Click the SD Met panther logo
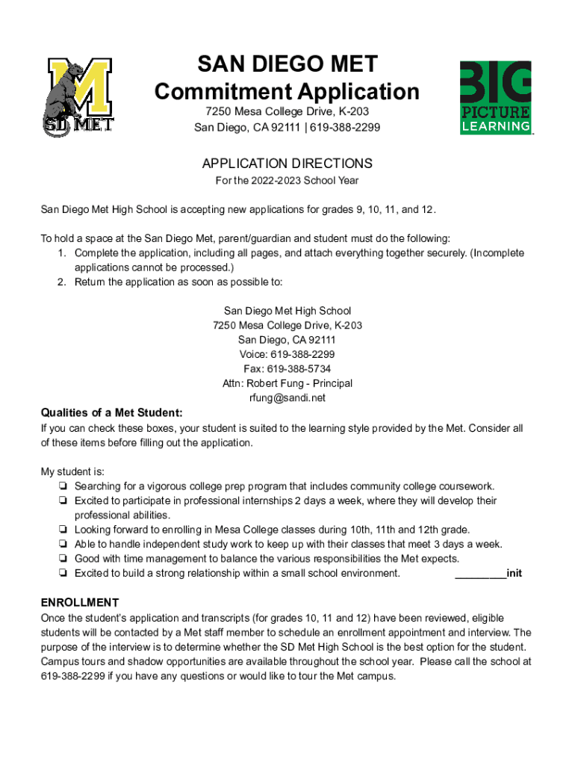[77, 97]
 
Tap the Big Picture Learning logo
[495, 97]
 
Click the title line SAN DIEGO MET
[287, 64]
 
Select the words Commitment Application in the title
[287, 92]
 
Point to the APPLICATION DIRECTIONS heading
[287, 163]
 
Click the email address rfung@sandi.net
[287, 397]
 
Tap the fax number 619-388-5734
[287, 368]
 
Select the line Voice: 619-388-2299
[287, 354]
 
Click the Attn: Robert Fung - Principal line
[287, 383]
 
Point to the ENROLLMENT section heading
[79, 602]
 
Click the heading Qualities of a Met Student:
[111, 413]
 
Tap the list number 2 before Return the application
[63, 282]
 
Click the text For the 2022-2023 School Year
[287, 180]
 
